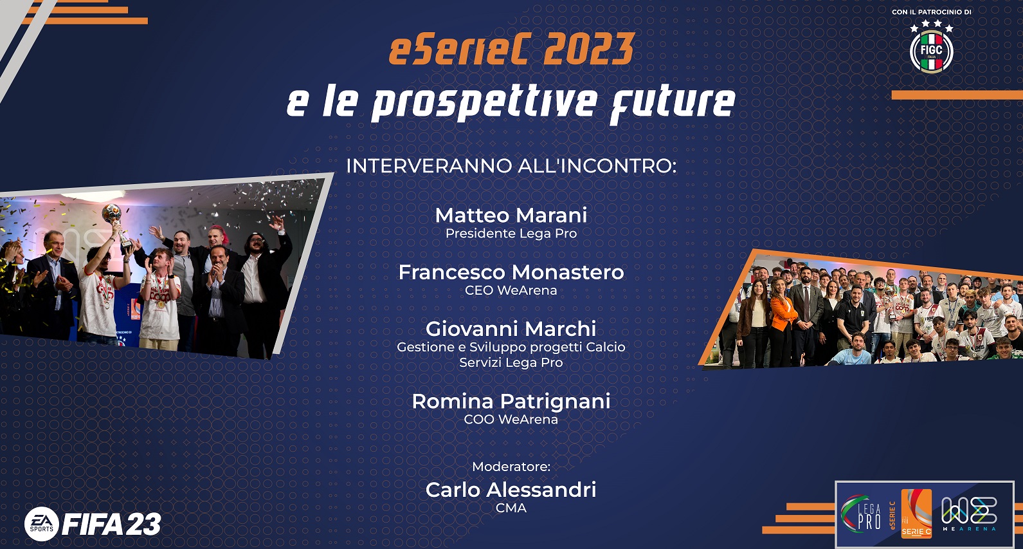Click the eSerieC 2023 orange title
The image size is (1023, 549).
click(x=512, y=49)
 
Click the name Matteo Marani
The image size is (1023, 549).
click(x=511, y=216)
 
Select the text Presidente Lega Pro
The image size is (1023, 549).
click(x=511, y=234)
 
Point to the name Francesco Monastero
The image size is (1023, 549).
click(x=511, y=272)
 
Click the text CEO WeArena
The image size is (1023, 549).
click(x=511, y=290)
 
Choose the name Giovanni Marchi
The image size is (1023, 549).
click(x=511, y=329)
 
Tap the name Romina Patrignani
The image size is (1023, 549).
click(x=511, y=402)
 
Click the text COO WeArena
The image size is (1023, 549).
click(x=511, y=419)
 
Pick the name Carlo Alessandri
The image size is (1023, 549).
click(x=511, y=490)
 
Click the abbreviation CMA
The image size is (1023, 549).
click(x=511, y=508)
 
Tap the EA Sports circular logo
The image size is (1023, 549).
click(x=42, y=524)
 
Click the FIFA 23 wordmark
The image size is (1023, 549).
click(x=111, y=524)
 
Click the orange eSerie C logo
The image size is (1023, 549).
click(x=916, y=514)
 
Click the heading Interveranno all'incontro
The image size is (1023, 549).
click(x=511, y=166)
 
